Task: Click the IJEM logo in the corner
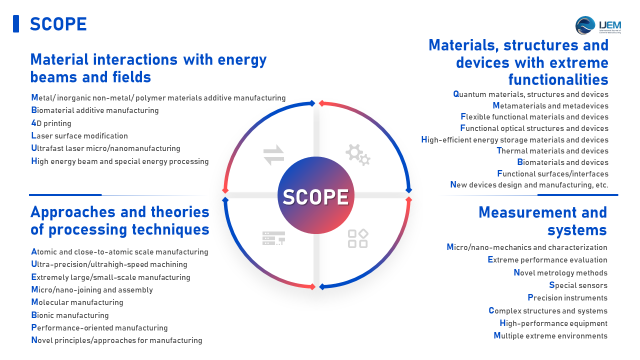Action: pyautogui.click(x=598, y=25)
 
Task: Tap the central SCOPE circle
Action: pyautogui.click(x=315, y=195)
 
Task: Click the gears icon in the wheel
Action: pyautogui.click(x=357, y=155)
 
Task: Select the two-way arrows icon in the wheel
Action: pyautogui.click(x=273, y=155)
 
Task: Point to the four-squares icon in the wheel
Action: pyautogui.click(x=357, y=238)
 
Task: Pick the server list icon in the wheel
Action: pyautogui.click(x=273, y=238)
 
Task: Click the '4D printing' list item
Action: pyautogui.click(x=51, y=123)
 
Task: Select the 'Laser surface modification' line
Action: pyautogui.click(x=79, y=135)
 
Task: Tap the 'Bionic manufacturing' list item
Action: pyautogui.click(x=70, y=315)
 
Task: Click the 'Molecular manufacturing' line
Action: pyautogui.click(x=77, y=302)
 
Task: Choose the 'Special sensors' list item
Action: pyautogui.click(x=578, y=285)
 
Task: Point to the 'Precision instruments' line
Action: pyautogui.click(x=567, y=297)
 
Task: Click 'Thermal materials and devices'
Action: pyautogui.click(x=552, y=150)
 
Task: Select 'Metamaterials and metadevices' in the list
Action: pyautogui.click(x=550, y=105)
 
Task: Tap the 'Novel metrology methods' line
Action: pyautogui.click(x=560, y=272)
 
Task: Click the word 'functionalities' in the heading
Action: pyautogui.click(x=558, y=79)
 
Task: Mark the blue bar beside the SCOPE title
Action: pyautogui.click(x=16, y=23)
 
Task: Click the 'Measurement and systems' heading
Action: pyautogui.click(x=543, y=221)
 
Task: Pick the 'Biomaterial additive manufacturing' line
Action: pyautogui.click(x=95, y=110)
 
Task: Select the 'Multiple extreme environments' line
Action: pyautogui.click(x=550, y=335)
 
